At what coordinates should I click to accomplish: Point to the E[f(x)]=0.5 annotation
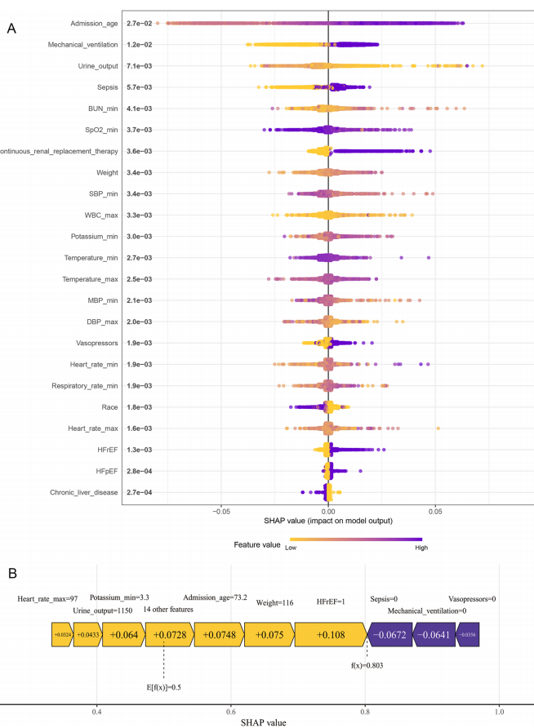click(164, 686)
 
